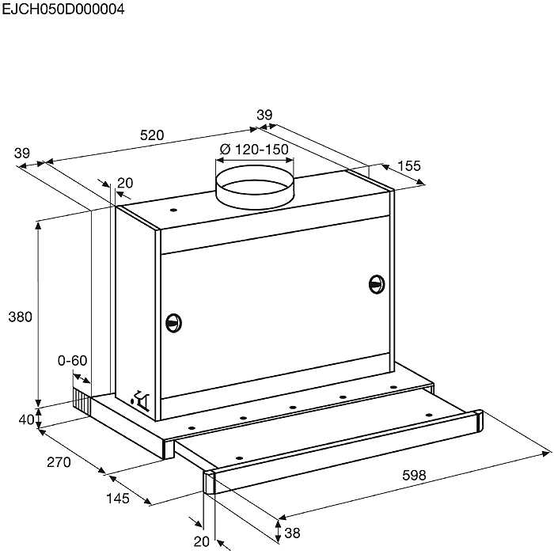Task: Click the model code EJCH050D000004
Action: tap(63, 9)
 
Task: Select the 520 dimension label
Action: tap(152, 135)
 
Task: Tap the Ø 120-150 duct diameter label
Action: tap(254, 150)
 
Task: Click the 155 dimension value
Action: tap(409, 166)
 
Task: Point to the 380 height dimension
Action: tap(20, 317)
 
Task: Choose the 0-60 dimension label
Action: tap(72, 361)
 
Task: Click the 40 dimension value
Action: tap(26, 419)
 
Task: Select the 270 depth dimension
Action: tap(59, 462)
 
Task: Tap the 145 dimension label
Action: tap(118, 499)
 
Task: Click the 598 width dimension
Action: tap(414, 476)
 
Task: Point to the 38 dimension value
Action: tap(292, 533)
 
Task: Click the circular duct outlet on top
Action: tap(255, 187)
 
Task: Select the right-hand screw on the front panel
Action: tap(377, 284)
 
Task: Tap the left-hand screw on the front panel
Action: tap(173, 323)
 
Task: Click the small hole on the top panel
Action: tap(173, 210)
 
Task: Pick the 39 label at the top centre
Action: tap(264, 116)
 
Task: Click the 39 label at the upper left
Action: tap(22, 154)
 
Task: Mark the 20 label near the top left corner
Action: tap(125, 183)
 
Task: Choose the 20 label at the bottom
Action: tap(202, 541)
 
